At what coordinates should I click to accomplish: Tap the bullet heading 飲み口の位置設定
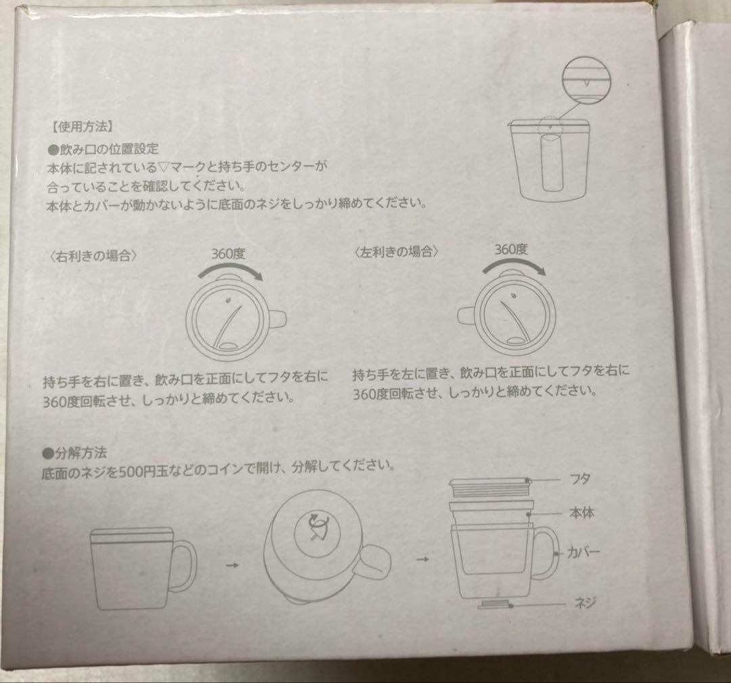(103, 149)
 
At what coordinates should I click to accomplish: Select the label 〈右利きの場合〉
(93, 255)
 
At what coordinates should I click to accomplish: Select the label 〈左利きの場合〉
(396, 252)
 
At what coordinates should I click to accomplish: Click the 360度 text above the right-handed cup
(229, 254)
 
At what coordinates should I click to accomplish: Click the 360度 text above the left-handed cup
(511, 249)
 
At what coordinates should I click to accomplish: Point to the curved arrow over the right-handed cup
(229, 269)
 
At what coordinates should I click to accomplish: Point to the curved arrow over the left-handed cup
(513, 265)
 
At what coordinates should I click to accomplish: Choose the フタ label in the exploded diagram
(579, 479)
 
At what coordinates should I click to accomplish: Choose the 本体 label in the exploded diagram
(582, 513)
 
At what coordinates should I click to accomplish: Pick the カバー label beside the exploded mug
(583, 552)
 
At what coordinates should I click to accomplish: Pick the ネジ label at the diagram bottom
(585, 603)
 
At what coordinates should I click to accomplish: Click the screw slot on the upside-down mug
(318, 526)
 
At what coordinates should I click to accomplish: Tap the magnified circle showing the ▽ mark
(586, 80)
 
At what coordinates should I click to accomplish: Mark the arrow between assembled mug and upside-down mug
(232, 565)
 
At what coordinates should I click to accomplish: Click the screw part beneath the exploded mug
(494, 604)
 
